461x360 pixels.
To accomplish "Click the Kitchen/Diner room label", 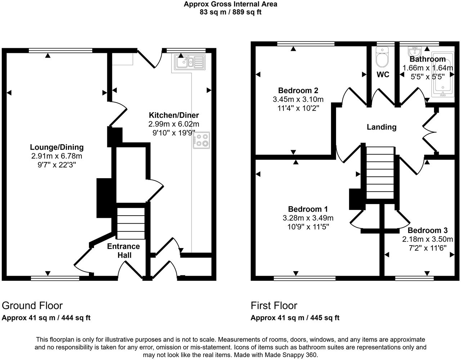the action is pos(174,115).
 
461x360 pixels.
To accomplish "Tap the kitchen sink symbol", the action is pos(190,62).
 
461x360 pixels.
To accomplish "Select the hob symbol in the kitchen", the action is pos(201,140).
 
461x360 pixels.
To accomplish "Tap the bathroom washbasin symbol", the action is pos(414,51).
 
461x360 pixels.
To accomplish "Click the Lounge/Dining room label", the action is pos(57,147).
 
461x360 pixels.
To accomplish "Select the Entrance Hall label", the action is pos(124,251).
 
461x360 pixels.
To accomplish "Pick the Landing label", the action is pos(381,127).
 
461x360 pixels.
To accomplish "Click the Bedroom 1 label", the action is pos(308,209).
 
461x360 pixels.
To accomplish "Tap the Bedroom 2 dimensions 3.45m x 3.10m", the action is pos(298,99).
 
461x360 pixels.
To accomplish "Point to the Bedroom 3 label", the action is pos(428,230).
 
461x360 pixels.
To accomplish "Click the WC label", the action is pos(383,75).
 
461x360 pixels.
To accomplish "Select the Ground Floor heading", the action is pos(32,306).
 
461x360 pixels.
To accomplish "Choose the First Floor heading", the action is pos(274,306).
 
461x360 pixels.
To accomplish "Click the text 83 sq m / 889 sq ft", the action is pos(230,12).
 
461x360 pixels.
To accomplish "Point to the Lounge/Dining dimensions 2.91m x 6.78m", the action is pos(57,156).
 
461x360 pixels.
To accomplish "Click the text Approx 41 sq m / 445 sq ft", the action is pos(295,318).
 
